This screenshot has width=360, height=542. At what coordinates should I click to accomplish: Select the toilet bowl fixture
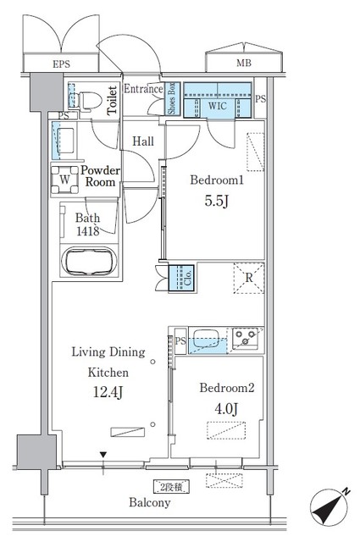[x=88, y=98]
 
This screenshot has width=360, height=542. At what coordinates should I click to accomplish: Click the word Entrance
[x=142, y=88]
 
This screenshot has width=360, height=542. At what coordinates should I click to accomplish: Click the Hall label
[x=142, y=141]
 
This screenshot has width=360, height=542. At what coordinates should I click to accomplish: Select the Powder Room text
[x=99, y=176]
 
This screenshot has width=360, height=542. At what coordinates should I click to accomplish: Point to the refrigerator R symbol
[x=250, y=278]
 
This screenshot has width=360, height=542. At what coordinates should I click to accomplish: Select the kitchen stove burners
[x=247, y=340]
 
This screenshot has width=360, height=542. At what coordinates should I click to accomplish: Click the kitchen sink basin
[x=203, y=340]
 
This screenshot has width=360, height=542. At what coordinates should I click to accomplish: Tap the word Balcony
[x=150, y=503]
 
